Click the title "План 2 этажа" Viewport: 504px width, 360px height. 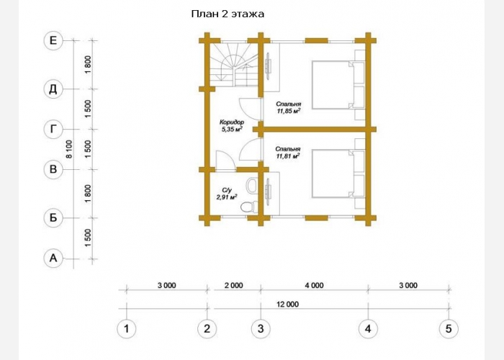(x=228, y=14)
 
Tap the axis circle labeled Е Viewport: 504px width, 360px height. (x=53, y=40)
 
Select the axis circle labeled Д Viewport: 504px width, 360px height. (x=53, y=89)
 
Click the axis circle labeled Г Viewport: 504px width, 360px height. (x=53, y=129)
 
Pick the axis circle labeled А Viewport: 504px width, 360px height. (x=53, y=258)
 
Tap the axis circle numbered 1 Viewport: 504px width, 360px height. (x=126, y=329)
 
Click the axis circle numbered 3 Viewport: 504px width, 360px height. (x=261, y=329)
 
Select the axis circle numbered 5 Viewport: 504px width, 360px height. (x=449, y=329)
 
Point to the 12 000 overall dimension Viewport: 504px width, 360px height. (x=287, y=304)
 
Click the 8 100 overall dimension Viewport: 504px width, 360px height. (x=69, y=149)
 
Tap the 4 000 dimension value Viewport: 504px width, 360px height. (x=315, y=285)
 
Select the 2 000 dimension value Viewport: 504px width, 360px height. (x=234, y=285)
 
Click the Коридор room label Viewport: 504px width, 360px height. (x=232, y=122)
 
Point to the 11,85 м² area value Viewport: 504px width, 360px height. (x=289, y=111)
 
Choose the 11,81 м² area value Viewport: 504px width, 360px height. (x=288, y=156)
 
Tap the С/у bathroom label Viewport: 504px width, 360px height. (x=227, y=190)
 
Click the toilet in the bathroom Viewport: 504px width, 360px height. (x=249, y=207)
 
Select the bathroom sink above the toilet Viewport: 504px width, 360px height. (x=252, y=186)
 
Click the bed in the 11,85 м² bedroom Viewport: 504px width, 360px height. (x=338, y=85)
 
